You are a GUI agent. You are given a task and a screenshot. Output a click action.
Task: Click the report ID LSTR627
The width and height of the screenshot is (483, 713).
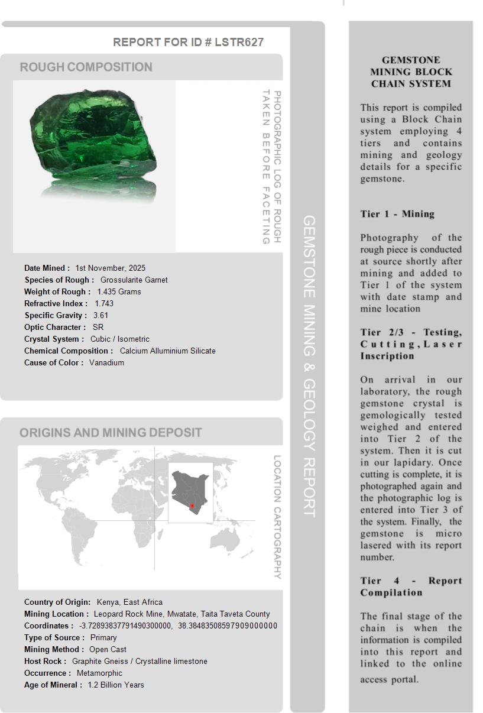click(239, 42)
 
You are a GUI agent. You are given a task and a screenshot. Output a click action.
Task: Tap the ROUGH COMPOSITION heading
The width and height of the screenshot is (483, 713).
click(86, 67)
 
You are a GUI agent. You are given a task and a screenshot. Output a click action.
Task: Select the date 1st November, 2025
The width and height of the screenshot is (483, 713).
click(110, 268)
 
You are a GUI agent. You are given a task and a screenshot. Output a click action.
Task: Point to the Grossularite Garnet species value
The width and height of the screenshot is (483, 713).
click(134, 280)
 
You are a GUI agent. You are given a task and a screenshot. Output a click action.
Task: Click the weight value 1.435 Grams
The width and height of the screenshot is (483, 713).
click(119, 291)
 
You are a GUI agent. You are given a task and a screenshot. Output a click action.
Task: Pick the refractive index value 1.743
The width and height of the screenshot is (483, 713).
click(104, 303)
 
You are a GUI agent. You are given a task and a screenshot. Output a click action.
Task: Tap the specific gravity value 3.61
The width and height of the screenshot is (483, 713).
click(101, 315)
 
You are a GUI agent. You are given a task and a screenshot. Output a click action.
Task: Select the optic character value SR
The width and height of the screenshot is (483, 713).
click(98, 327)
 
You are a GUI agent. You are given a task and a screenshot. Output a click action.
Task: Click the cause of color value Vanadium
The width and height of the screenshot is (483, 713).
click(106, 362)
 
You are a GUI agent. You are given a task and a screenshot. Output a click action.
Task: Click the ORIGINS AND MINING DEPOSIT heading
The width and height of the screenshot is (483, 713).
click(111, 432)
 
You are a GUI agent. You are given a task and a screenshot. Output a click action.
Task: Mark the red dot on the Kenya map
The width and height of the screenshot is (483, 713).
click(192, 506)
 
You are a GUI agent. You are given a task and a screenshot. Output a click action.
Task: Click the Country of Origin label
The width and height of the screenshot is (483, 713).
click(57, 602)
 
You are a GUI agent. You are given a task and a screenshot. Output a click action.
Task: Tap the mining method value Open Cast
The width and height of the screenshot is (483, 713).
click(108, 649)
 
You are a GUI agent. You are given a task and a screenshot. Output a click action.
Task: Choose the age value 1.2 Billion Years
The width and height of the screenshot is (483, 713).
click(116, 685)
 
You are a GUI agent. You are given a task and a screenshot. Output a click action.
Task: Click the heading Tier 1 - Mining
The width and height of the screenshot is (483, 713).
click(397, 214)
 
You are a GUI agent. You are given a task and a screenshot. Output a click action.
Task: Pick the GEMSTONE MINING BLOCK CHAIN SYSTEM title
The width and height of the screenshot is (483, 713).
click(411, 72)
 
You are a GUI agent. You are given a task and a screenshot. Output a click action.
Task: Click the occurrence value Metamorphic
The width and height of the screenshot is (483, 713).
click(99, 673)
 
